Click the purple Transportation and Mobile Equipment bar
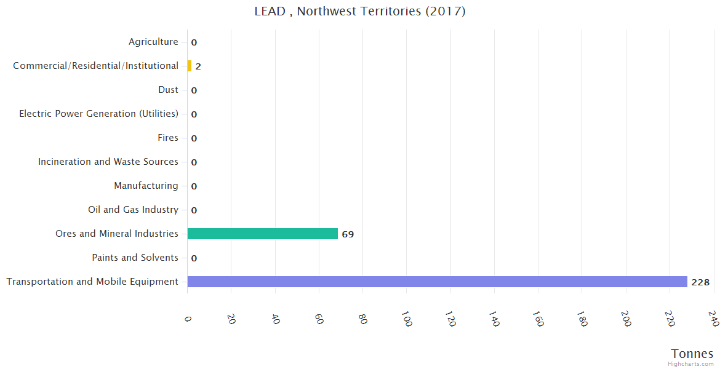coord(437,282)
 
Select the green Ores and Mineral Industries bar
coord(263,234)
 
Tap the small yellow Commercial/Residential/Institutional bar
coord(190,66)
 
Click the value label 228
coord(700,282)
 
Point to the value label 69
coord(348,234)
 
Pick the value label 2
coord(198,66)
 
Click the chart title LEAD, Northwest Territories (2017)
coord(360,11)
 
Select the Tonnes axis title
coord(692,354)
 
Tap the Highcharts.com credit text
coord(691,364)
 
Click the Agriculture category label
coord(153,42)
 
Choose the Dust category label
coord(168,90)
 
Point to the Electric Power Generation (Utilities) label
coord(98,114)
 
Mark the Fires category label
coord(168,138)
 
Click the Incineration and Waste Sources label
coord(108,162)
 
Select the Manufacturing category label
coord(146,186)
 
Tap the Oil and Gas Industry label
coord(133,210)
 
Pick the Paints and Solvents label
coord(135,258)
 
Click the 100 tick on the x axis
coord(407,319)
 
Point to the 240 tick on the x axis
coord(714,319)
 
